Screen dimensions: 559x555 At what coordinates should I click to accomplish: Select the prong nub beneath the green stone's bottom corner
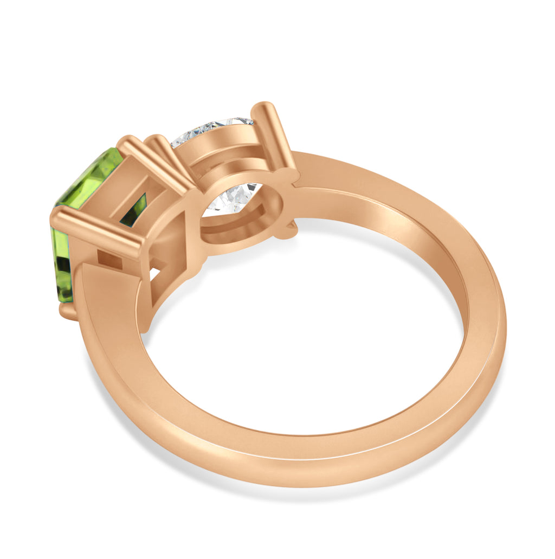click(x=67, y=312)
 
